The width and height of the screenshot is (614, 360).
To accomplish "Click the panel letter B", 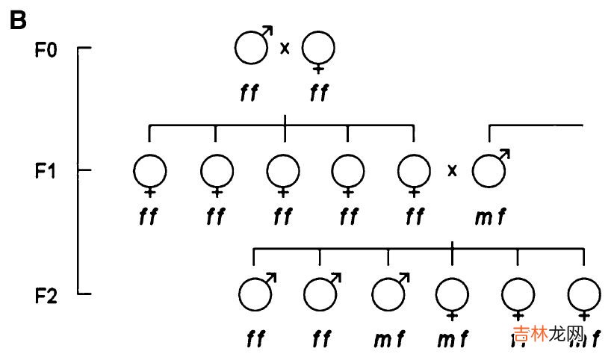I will coord(17,20).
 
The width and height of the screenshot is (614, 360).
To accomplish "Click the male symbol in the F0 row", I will coord(251,48).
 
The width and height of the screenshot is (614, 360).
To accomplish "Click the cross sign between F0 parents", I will coord(285,49).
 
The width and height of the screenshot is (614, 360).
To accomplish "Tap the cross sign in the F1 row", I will coord(451,171).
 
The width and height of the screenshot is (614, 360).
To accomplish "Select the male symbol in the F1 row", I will coord(489,170).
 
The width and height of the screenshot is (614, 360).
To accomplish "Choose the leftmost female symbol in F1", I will coord(150,171).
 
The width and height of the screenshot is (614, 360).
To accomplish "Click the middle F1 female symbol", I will coord(283,171).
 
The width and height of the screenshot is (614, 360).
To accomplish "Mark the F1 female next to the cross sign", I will coord(414,171).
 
